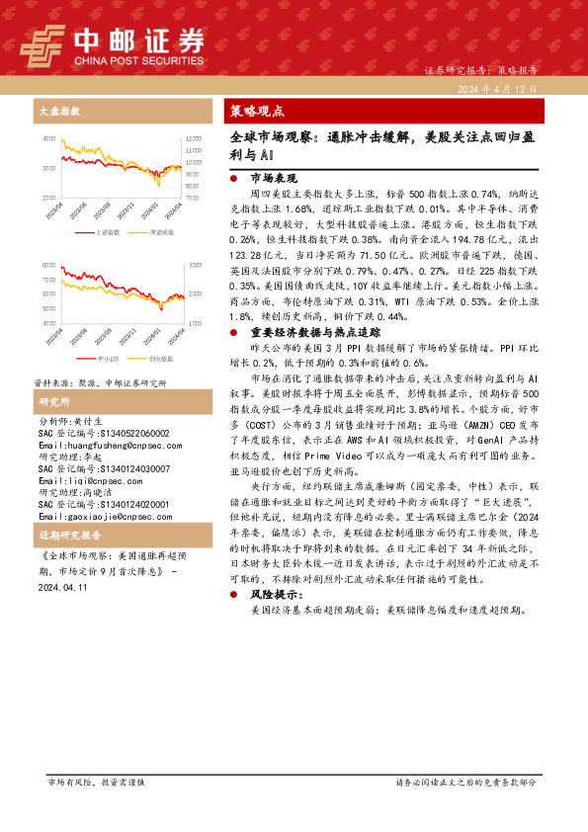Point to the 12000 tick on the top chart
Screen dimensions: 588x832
pos(194,138)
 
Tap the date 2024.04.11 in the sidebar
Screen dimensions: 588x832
pos(61,586)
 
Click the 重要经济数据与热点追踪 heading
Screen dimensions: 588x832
pos(302,332)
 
